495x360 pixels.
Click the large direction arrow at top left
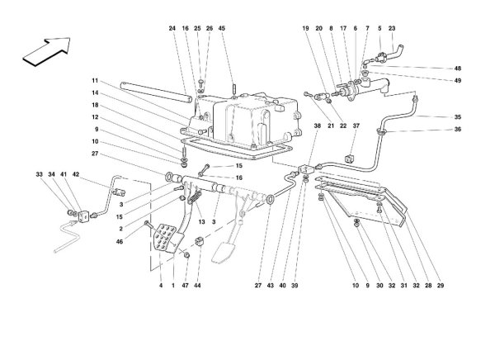coord(47,51)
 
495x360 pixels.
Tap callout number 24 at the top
coord(172,28)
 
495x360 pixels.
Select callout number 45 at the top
coord(222,28)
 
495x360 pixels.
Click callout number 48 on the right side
coord(458,69)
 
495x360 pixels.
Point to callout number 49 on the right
coord(458,81)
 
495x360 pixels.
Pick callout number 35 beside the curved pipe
coord(458,117)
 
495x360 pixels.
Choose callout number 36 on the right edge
coord(458,130)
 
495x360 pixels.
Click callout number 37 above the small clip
coord(356,126)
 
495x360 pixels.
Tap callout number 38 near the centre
coord(318,126)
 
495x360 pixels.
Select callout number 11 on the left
coord(95,81)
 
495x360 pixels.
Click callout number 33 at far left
coord(39,174)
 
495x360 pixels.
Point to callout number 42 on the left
coord(76,174)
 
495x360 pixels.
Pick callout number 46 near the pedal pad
coord(120,242)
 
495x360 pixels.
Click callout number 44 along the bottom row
coord(197,286)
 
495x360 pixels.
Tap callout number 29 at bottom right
coord(441,286)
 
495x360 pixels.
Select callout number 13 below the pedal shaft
coord(202,222)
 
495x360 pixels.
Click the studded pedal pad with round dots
coord(166,238)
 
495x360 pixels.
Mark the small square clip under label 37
coord(350,159)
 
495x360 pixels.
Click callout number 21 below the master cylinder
coord(331,126)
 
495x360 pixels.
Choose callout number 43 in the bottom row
coord(271,286)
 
